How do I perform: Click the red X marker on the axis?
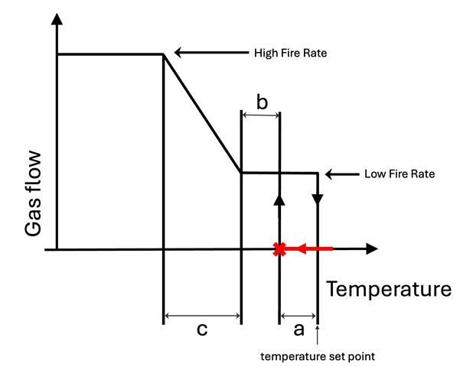(280, 249)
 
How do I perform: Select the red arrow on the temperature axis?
(314, 248)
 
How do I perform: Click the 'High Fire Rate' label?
(289, 54)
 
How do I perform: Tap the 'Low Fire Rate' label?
(399, 174)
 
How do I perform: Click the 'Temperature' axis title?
(390, 289)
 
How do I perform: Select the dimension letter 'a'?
(298, 330)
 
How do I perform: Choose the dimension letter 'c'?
(203, 330)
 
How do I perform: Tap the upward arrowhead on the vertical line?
(280, 199)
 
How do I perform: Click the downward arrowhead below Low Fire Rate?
(318, 198)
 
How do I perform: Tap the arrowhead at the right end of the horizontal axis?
(372, 248)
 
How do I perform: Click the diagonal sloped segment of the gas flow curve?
(202, 113)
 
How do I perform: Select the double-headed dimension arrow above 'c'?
(203, 315)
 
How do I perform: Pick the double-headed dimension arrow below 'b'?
(261, 115)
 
